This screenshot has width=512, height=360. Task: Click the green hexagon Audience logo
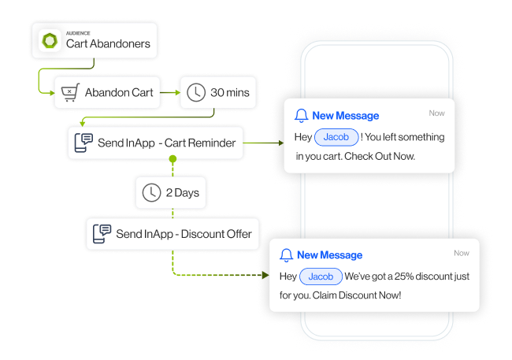pyautogui.click(x=51, y=40)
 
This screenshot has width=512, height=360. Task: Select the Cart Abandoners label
pyautogui.click(x=108, y=43)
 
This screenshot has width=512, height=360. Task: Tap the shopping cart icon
pyautogui.click(x=69, y=93)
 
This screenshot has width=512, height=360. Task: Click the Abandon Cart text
pyautogui.click(x=119, y=93)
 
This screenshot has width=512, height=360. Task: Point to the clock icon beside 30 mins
pyautogui.click(x=195, y=93)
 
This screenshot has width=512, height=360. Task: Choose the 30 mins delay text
pyautogui.click(x=229, y=93)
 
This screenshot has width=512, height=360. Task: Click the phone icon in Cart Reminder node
pyautogui.click(x=83, y=143)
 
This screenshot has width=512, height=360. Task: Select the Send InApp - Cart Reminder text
pyautogui.click(x=167, y=143)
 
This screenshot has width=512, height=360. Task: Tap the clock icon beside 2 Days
pyautogui.click(x=151, y=193)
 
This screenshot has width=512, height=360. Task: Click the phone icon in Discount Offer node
pyautogui.click(x=102, y=234)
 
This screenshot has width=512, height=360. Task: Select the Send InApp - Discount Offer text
pyautogui.click(x=184, y=234)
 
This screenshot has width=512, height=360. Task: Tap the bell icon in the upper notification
pyautogui.click(x=301, y=116)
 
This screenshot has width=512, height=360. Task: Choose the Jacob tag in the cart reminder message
pyautogui.click(x=337, y=137)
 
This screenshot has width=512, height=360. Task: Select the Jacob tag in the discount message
pyautogui.click(x=321, y=276)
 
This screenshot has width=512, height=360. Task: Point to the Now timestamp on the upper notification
pyautogui.click(x=436, y=113)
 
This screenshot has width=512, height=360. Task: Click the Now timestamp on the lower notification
pyautogui.click(x=462, y=253)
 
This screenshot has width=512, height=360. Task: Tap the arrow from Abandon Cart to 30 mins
pyautogui.click(x=169, y=93)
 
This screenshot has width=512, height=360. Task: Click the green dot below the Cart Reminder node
pyautogui.click(x=173, y=160)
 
